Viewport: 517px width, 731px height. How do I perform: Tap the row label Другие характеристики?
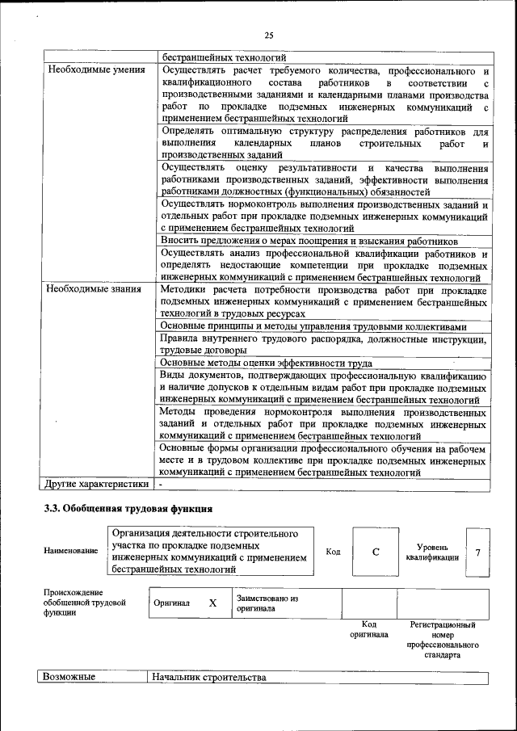point(96,484)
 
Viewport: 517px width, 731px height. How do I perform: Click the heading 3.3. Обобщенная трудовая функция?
point(128,509)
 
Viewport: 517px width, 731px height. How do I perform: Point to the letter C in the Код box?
point(376,552)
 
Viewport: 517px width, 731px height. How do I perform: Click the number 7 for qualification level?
point(478,552)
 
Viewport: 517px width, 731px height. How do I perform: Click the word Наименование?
point(71,551)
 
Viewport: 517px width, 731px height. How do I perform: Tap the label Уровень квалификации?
point(432,552)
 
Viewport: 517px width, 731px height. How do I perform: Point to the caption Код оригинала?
point(368,629)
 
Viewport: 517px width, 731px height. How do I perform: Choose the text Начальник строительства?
point(209,677)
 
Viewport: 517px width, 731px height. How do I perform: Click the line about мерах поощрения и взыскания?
point(309,242)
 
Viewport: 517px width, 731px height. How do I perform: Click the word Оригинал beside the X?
point(172,603)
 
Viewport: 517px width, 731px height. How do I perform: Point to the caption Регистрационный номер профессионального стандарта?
point(443,640)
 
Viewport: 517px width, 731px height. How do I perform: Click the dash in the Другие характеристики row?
point(162,484)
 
